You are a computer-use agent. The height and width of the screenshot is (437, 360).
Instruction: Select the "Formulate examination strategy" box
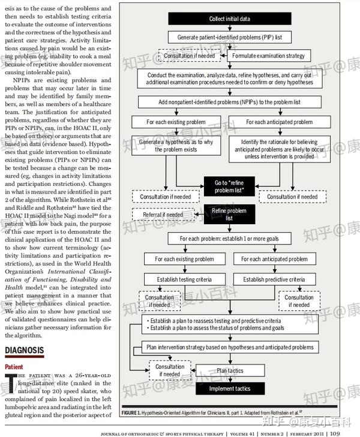tap(269, 56)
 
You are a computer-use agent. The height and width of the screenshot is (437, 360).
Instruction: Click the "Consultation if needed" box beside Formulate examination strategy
tap(187, 56)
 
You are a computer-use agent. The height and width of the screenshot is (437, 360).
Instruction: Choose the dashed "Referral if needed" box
tap(163, 215)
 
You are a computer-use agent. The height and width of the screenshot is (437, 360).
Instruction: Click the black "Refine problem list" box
tap(230, 215)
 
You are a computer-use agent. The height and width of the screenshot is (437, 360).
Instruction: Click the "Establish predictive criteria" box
tap(273, 279)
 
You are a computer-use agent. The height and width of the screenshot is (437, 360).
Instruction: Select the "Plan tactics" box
tap(230, 370)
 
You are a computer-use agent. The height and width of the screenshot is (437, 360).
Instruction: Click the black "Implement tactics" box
tap(230, 388)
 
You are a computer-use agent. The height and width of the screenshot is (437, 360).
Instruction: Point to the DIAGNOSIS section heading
tap(24, 350)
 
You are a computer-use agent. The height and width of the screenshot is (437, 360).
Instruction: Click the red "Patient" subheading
tap(14, 366)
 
